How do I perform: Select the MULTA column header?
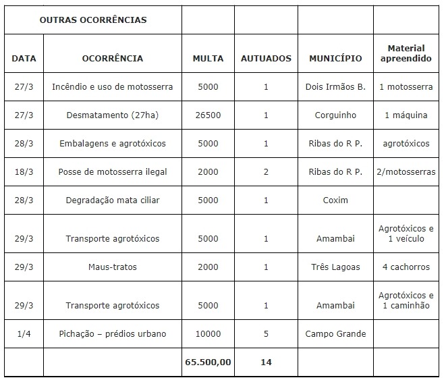click(x=208, y=58)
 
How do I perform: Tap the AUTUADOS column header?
click(x=266, y=58)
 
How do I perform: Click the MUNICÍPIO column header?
click(x=335, y=58)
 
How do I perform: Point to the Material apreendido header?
click(x=406, y=53)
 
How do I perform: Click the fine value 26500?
click(x=208, y=115)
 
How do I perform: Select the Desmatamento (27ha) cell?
click(x=113, y=115)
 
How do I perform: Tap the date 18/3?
click(x=24, y=172)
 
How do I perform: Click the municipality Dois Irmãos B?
click(x=335, y=87)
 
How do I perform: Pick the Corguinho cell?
click(x=335, y=115)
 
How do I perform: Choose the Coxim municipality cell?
click(x=335, y=200)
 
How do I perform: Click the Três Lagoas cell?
click(x=335, y=267)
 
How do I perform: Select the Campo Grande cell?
click(x=335, y=334)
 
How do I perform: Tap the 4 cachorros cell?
click(x=406, y=267)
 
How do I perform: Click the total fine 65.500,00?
click(x=208, y=362)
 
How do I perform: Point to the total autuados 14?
click(x=266, y=362)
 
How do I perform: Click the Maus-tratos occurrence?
click(x=113, y=267)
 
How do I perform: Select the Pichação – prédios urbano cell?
click(x=113, y=334)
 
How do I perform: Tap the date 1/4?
click(x=24, y=334)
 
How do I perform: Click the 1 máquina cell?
click(x=406, y=115)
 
